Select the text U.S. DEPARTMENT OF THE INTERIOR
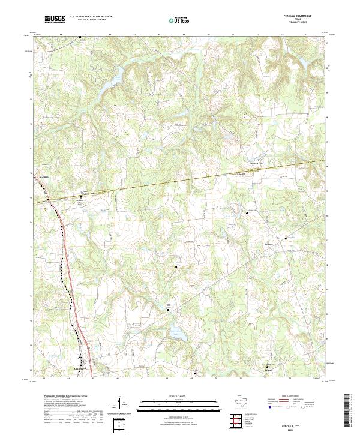91,17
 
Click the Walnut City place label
256,163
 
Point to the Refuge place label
268,370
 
